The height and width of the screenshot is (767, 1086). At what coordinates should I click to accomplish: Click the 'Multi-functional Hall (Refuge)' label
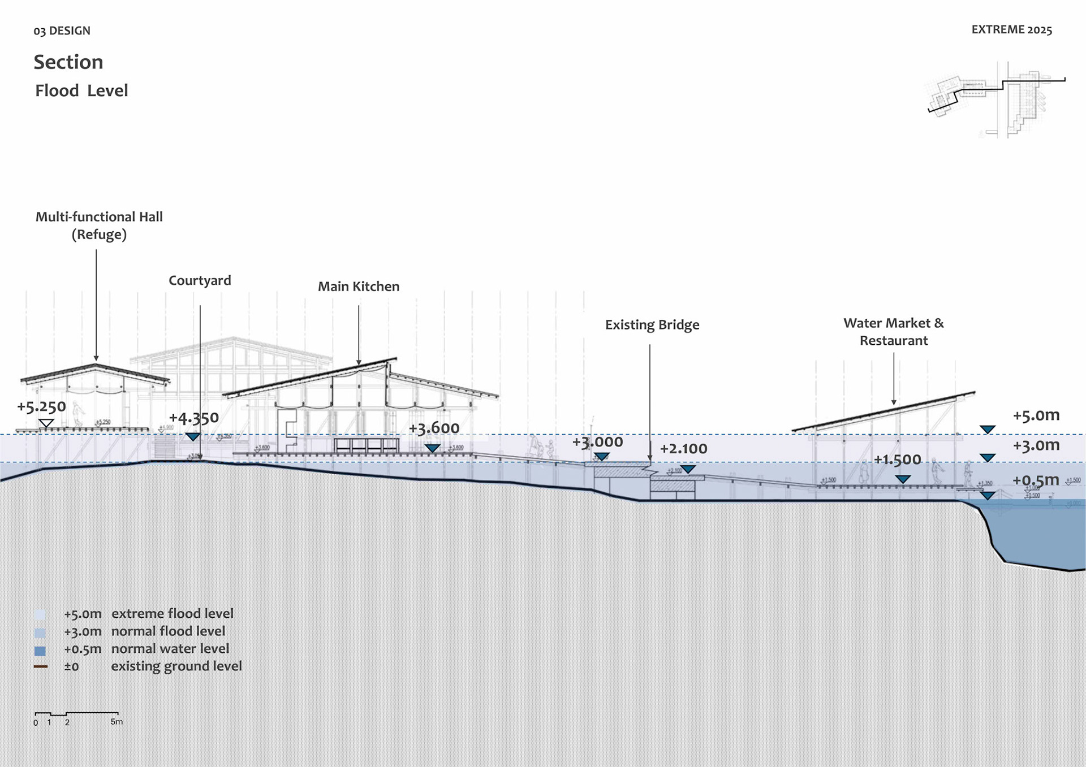[99, 226]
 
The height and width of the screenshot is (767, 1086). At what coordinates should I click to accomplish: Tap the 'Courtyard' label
[200, 281]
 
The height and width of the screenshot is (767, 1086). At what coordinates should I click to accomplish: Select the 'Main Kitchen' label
[359, 287]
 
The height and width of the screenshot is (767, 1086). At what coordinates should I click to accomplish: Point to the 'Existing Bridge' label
[652, 325]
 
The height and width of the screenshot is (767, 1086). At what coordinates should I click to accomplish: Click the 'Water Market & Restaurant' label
[894, 332]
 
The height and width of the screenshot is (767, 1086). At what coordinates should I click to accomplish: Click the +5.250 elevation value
[41, 407]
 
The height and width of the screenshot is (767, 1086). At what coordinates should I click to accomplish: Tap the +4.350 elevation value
[193, 418]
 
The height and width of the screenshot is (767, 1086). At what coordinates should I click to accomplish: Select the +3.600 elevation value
[434, 428]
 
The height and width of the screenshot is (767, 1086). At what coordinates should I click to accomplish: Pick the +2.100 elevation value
[683, 449]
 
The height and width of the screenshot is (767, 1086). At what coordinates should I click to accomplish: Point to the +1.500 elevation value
[897, 460]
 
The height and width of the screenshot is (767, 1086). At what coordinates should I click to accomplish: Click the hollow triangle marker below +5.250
[46, 423]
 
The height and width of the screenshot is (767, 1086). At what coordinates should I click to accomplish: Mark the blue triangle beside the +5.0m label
[988, 430]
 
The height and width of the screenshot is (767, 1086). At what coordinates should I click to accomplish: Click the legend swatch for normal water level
[40, 651]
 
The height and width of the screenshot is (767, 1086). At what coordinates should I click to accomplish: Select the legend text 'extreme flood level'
[172, 614]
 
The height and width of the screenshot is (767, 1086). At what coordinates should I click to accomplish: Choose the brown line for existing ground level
[41, 667]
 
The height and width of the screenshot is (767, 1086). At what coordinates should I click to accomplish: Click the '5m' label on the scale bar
[117, 722]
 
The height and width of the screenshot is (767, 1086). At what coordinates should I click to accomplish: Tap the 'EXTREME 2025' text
[1011, 30]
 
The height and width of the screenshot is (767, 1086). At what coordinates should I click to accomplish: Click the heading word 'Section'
[68, 62]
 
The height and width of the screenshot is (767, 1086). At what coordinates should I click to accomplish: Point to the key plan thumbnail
[996, 99]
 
